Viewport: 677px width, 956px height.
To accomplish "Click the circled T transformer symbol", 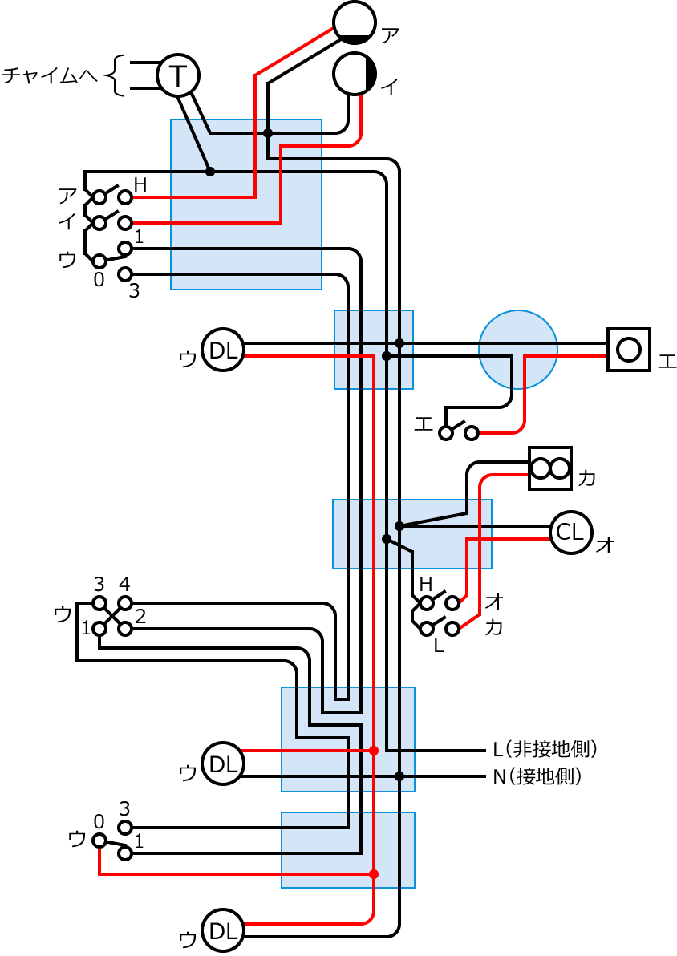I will pos(177,75).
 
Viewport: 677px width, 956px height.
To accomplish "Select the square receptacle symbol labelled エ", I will pos(629,349).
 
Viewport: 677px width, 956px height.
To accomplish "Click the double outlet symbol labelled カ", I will pos(550,468).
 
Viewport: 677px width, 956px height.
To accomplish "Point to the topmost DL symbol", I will pos(222,350).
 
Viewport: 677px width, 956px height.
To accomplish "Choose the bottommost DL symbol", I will pos(222,930).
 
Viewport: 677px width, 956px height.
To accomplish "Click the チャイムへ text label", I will pos(50,76).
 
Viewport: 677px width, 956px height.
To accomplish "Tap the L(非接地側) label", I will pos(545,750).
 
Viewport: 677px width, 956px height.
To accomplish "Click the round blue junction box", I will pos(517,349).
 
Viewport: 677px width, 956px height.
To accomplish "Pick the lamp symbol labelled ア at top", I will pos(354,22).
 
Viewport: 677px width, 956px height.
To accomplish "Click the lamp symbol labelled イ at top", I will pos(355,74).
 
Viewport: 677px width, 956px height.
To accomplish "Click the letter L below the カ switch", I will pos(438,646).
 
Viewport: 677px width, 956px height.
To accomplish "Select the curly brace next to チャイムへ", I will pos(118,75).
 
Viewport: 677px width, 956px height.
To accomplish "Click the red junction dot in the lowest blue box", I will pos(374,873).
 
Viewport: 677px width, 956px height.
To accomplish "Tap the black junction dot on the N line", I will pos(399,776).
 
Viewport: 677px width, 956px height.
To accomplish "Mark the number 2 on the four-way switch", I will pos(141,617).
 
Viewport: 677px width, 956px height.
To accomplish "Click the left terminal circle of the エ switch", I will pos(445,433).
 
